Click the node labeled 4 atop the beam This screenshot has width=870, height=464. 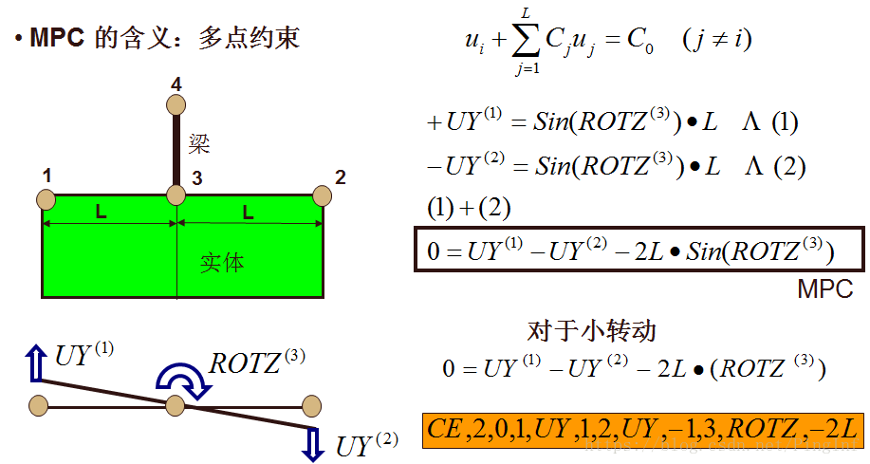[x=176, y=105]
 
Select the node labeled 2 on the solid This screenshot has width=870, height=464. [x=322, y=195]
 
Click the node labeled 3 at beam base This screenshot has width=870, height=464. [x=176, y=195]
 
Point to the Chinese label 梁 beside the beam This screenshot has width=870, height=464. [x=198, y=144]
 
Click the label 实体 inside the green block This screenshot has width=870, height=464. [x=222, y=262]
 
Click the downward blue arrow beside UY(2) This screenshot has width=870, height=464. [x=313, y=443]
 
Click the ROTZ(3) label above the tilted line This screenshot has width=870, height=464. [x=257, y=362]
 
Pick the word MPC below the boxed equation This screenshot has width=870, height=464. [x=824, y=289]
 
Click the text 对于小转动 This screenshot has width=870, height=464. [x=591, y=330]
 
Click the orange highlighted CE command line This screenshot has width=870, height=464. [x=641, y=428]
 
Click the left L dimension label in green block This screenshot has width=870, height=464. [x=101, y=213]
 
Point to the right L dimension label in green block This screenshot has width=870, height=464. [x=248, y=213]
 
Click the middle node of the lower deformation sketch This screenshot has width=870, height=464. [x=175, y=407]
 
